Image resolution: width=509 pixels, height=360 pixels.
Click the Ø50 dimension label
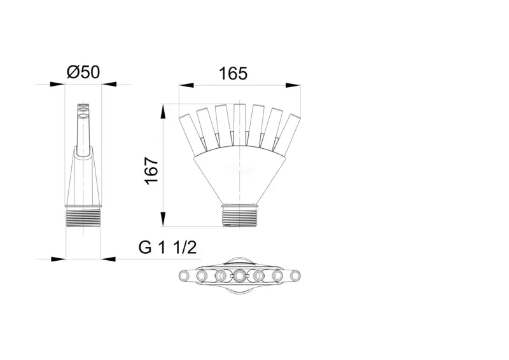(83, 72)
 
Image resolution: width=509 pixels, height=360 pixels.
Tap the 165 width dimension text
(233, 74)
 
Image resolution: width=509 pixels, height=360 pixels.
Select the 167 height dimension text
(151, 171)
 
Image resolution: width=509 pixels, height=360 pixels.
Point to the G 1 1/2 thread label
(167, 247)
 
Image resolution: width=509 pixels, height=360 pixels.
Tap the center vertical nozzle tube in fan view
(240, 125)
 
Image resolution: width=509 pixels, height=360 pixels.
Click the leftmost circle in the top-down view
(185, 276)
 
